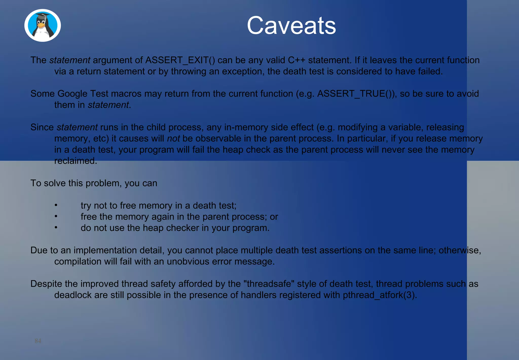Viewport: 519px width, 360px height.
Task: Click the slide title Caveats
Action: pos(291,25)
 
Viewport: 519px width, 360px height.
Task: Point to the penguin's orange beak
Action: pos(41,25)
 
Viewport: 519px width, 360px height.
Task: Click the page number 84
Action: pos(38,341)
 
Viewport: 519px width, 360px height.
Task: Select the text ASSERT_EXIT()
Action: pos(180,60)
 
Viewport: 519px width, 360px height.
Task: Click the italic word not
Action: pos(173,138)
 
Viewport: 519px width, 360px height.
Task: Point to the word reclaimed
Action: pos(76,161)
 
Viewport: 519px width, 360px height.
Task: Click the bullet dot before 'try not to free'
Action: pos(56,205)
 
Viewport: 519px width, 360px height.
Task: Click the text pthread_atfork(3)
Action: pos(380,295)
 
